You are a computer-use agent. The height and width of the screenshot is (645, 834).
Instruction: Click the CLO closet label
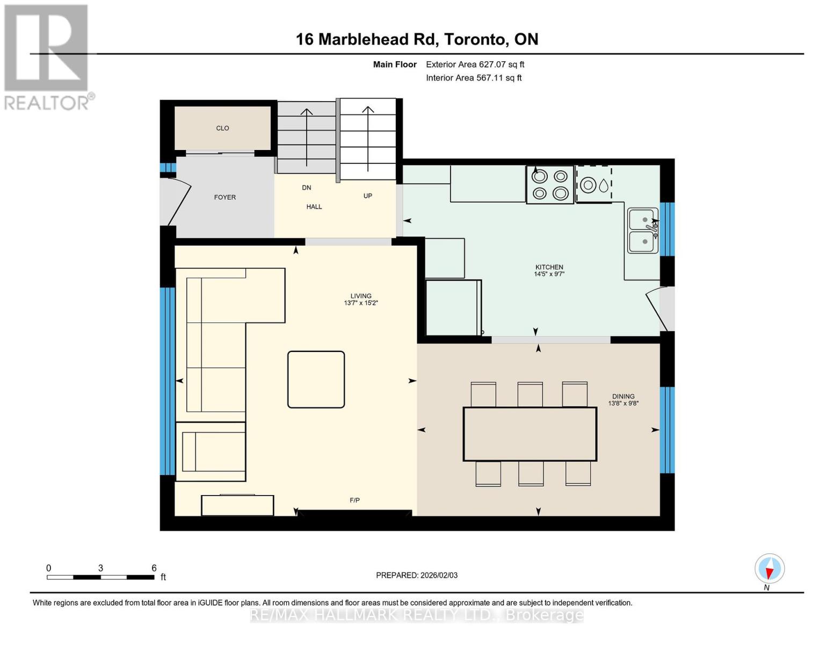click(222, 128)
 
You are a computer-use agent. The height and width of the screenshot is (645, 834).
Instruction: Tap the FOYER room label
click(224, 197)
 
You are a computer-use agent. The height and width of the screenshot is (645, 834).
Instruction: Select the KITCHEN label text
click(549, 267)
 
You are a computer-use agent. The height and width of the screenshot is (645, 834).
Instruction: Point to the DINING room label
click(623, 396)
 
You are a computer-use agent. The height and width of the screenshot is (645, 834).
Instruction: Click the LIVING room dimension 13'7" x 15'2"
click(361, 303)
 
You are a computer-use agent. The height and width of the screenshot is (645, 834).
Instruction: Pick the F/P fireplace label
click(354, 500)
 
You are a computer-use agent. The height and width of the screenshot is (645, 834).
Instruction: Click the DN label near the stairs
click(306, 188)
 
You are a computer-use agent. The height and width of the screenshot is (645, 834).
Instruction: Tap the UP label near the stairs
click(367, 196)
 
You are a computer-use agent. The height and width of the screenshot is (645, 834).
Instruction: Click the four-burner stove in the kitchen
click(550, 185)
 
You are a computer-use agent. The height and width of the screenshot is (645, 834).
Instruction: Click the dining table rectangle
click(530, 434)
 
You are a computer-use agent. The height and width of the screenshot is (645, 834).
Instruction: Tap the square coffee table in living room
click(316, 379)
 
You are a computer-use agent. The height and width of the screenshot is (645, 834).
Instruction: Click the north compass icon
click(769, 569)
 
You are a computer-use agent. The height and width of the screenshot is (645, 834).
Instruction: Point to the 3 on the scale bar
click(100, 568)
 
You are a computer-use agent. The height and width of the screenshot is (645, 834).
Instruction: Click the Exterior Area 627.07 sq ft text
click(475, 64)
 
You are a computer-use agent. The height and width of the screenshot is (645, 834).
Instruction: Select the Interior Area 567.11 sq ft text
click(474, 78)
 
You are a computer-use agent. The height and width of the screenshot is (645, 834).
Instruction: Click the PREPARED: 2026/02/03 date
click(417, 575)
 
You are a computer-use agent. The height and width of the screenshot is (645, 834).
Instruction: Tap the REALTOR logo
click(47, 56)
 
